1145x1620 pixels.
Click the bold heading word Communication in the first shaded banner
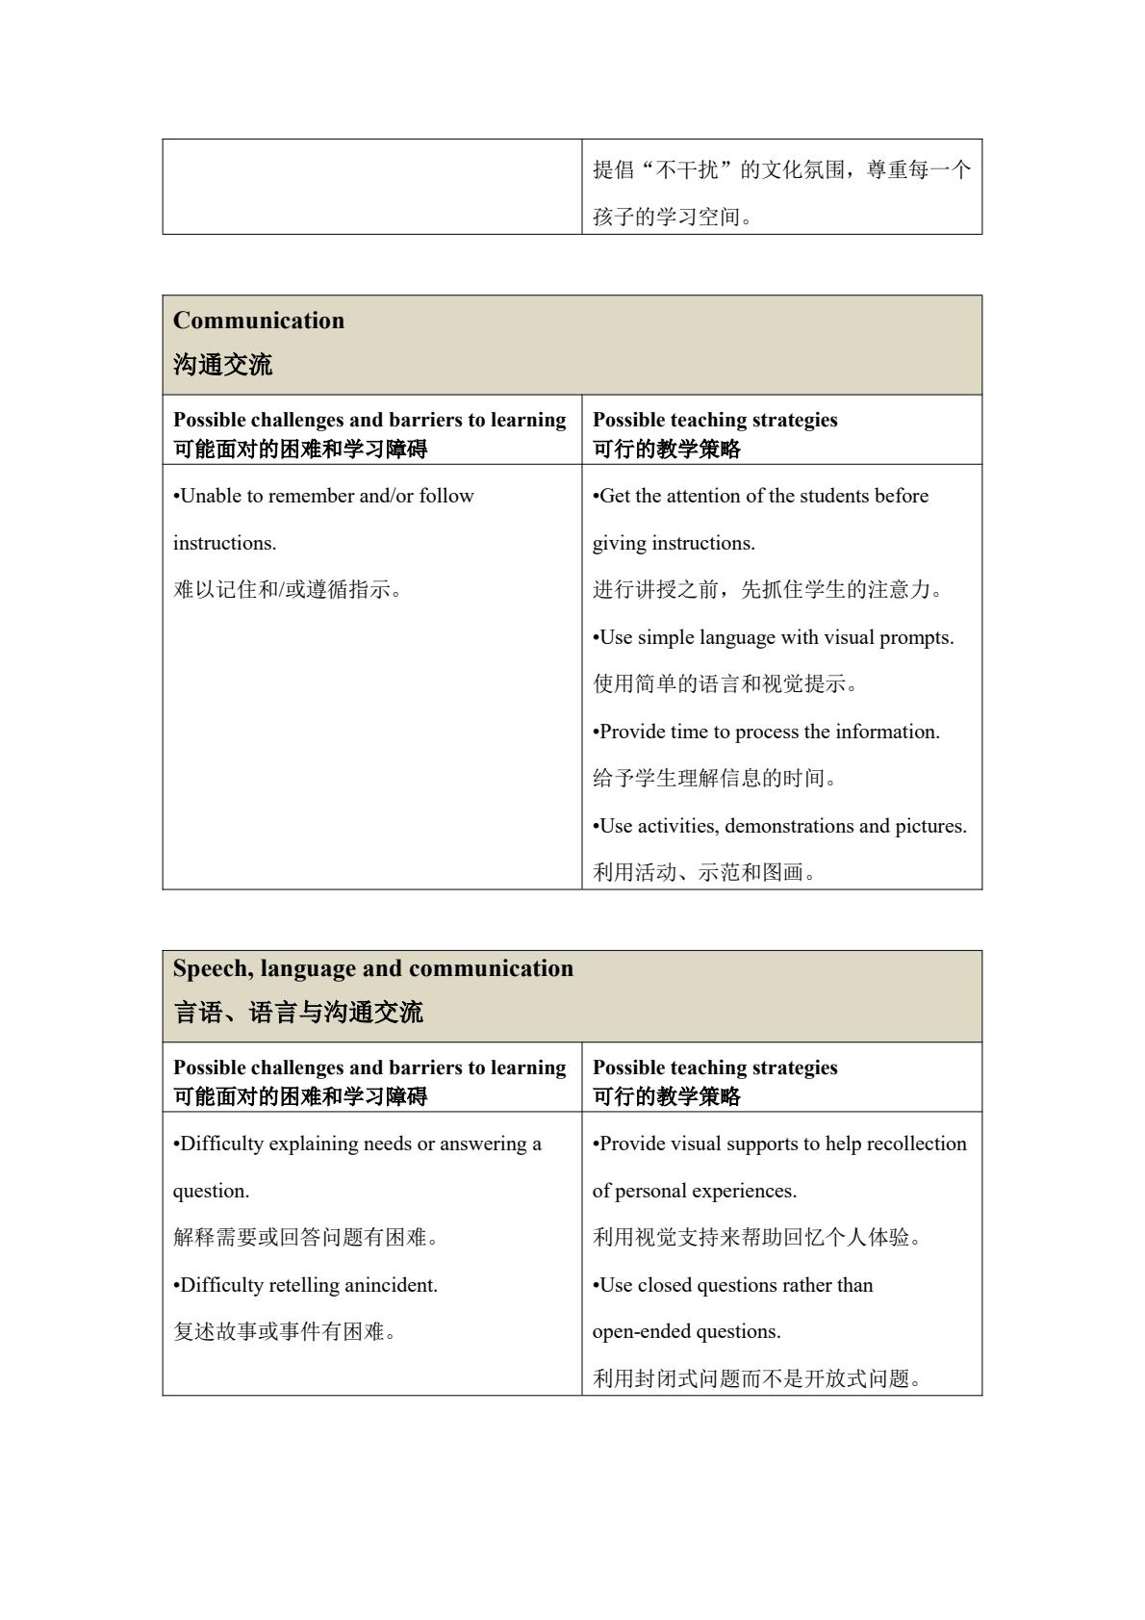259,321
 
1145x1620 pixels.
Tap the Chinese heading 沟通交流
222,365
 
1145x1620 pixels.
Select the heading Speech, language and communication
373,968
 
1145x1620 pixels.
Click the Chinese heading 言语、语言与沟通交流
297,1013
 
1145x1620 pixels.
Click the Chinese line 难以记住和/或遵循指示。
287,590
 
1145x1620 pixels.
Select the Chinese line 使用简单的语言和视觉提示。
725,684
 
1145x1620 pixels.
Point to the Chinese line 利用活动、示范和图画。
704,873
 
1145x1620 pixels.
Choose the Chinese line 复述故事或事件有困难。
284,1332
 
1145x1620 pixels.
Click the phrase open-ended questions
686,1332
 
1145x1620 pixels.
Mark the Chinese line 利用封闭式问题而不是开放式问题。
757,1379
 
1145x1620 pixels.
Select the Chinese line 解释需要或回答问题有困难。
305,1238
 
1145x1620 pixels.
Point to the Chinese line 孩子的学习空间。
672,218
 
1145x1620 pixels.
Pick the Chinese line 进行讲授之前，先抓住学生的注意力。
768,590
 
